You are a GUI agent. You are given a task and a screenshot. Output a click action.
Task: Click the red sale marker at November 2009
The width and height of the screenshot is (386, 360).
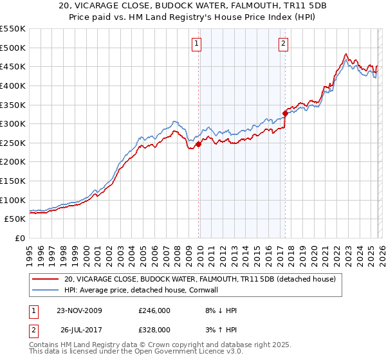coord(198,145)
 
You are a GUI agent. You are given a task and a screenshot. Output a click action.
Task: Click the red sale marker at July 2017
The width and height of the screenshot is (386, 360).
coord(285,113)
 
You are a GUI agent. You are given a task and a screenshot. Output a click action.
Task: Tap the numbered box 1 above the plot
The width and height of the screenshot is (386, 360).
coord(196,44)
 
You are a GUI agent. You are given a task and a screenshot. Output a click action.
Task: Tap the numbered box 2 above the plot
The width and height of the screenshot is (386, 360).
coord(283,44)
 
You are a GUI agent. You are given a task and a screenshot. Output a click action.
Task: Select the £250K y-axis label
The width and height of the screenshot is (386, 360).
coord(13,143)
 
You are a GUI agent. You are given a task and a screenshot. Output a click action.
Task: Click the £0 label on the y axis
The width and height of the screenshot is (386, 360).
coord(19,238)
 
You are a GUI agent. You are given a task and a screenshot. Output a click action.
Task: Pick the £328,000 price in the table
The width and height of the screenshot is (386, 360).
coord(154,329)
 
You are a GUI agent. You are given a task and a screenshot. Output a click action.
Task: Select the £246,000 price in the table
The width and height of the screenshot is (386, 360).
coord(154,310)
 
